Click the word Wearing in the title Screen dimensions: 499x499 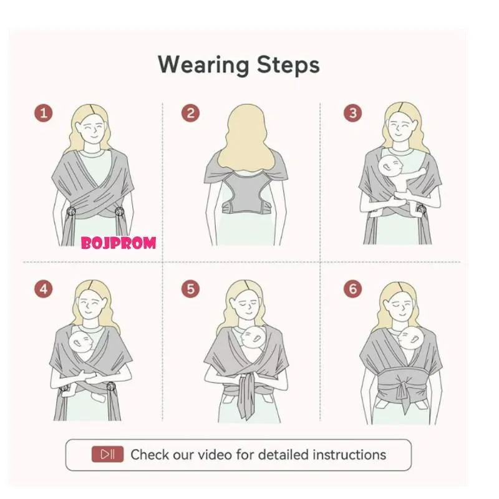click(204, 65)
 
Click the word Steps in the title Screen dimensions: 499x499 click(288, 65)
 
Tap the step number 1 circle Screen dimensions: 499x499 click(44, 114)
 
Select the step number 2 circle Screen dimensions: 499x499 click(191, 114)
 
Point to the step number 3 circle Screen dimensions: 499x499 click(352, 114)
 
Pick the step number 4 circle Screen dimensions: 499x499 click(44, 289)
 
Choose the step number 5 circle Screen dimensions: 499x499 click(191, 289)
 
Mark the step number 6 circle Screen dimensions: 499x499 click(352, 289)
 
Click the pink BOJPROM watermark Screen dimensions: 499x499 click(119, 243)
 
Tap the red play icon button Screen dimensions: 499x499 click(107, 454)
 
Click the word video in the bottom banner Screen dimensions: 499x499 click(215, 455)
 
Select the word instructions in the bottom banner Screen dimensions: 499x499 click(349, 455)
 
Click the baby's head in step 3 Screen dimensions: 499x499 click(391, 167)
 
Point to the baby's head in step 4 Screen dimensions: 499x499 click(81, 342)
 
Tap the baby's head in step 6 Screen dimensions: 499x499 click(410, 339)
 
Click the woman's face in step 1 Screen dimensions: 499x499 click(92, 131)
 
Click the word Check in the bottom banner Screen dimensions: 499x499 click(150, 455)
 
